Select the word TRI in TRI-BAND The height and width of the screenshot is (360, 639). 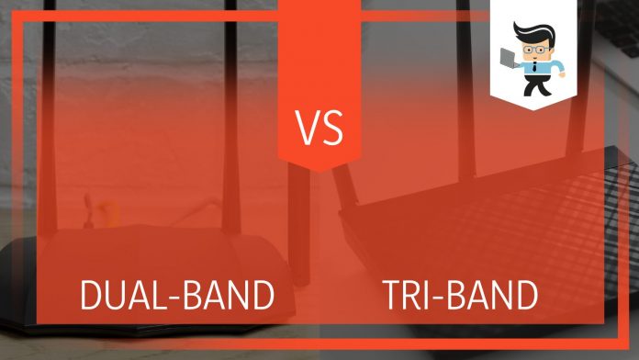point(409,296)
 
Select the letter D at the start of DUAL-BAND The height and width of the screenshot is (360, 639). point(93,296)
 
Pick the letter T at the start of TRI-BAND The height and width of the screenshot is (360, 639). point(390,296)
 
